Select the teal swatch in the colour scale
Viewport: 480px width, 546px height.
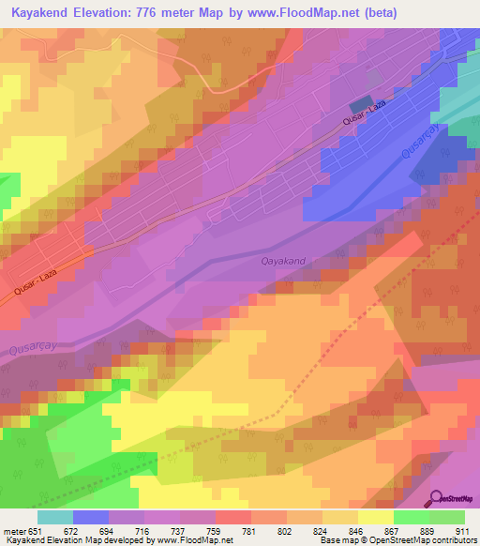tap(54, 516)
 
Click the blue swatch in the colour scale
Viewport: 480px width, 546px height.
tap(91, 516)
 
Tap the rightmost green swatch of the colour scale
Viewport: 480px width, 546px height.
tap(447, 516)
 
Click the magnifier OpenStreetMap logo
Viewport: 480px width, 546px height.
tap(437, 497)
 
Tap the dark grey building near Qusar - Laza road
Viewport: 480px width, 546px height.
tap(361, 107)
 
